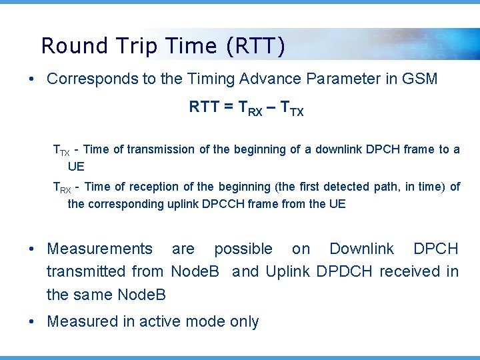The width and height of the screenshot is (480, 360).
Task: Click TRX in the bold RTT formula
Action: coord(251,108)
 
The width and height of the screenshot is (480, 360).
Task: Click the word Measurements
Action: coord(99,249)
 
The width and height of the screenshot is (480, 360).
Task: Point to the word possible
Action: coord(243,249)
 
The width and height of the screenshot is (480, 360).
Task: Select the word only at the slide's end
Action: coord(244,321)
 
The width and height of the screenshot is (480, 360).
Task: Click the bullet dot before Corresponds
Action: coord(32,79)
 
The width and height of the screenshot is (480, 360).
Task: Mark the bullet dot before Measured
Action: coord(32,322)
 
